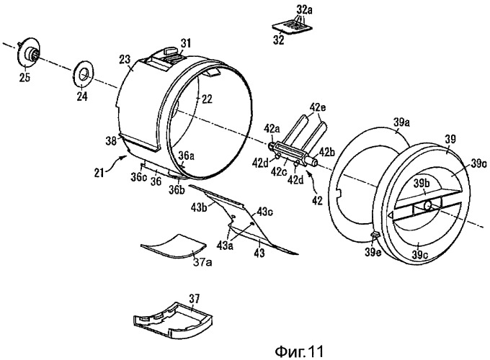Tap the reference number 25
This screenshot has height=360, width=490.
click(23, 78)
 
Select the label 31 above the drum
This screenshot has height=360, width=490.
click(186, 44)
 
